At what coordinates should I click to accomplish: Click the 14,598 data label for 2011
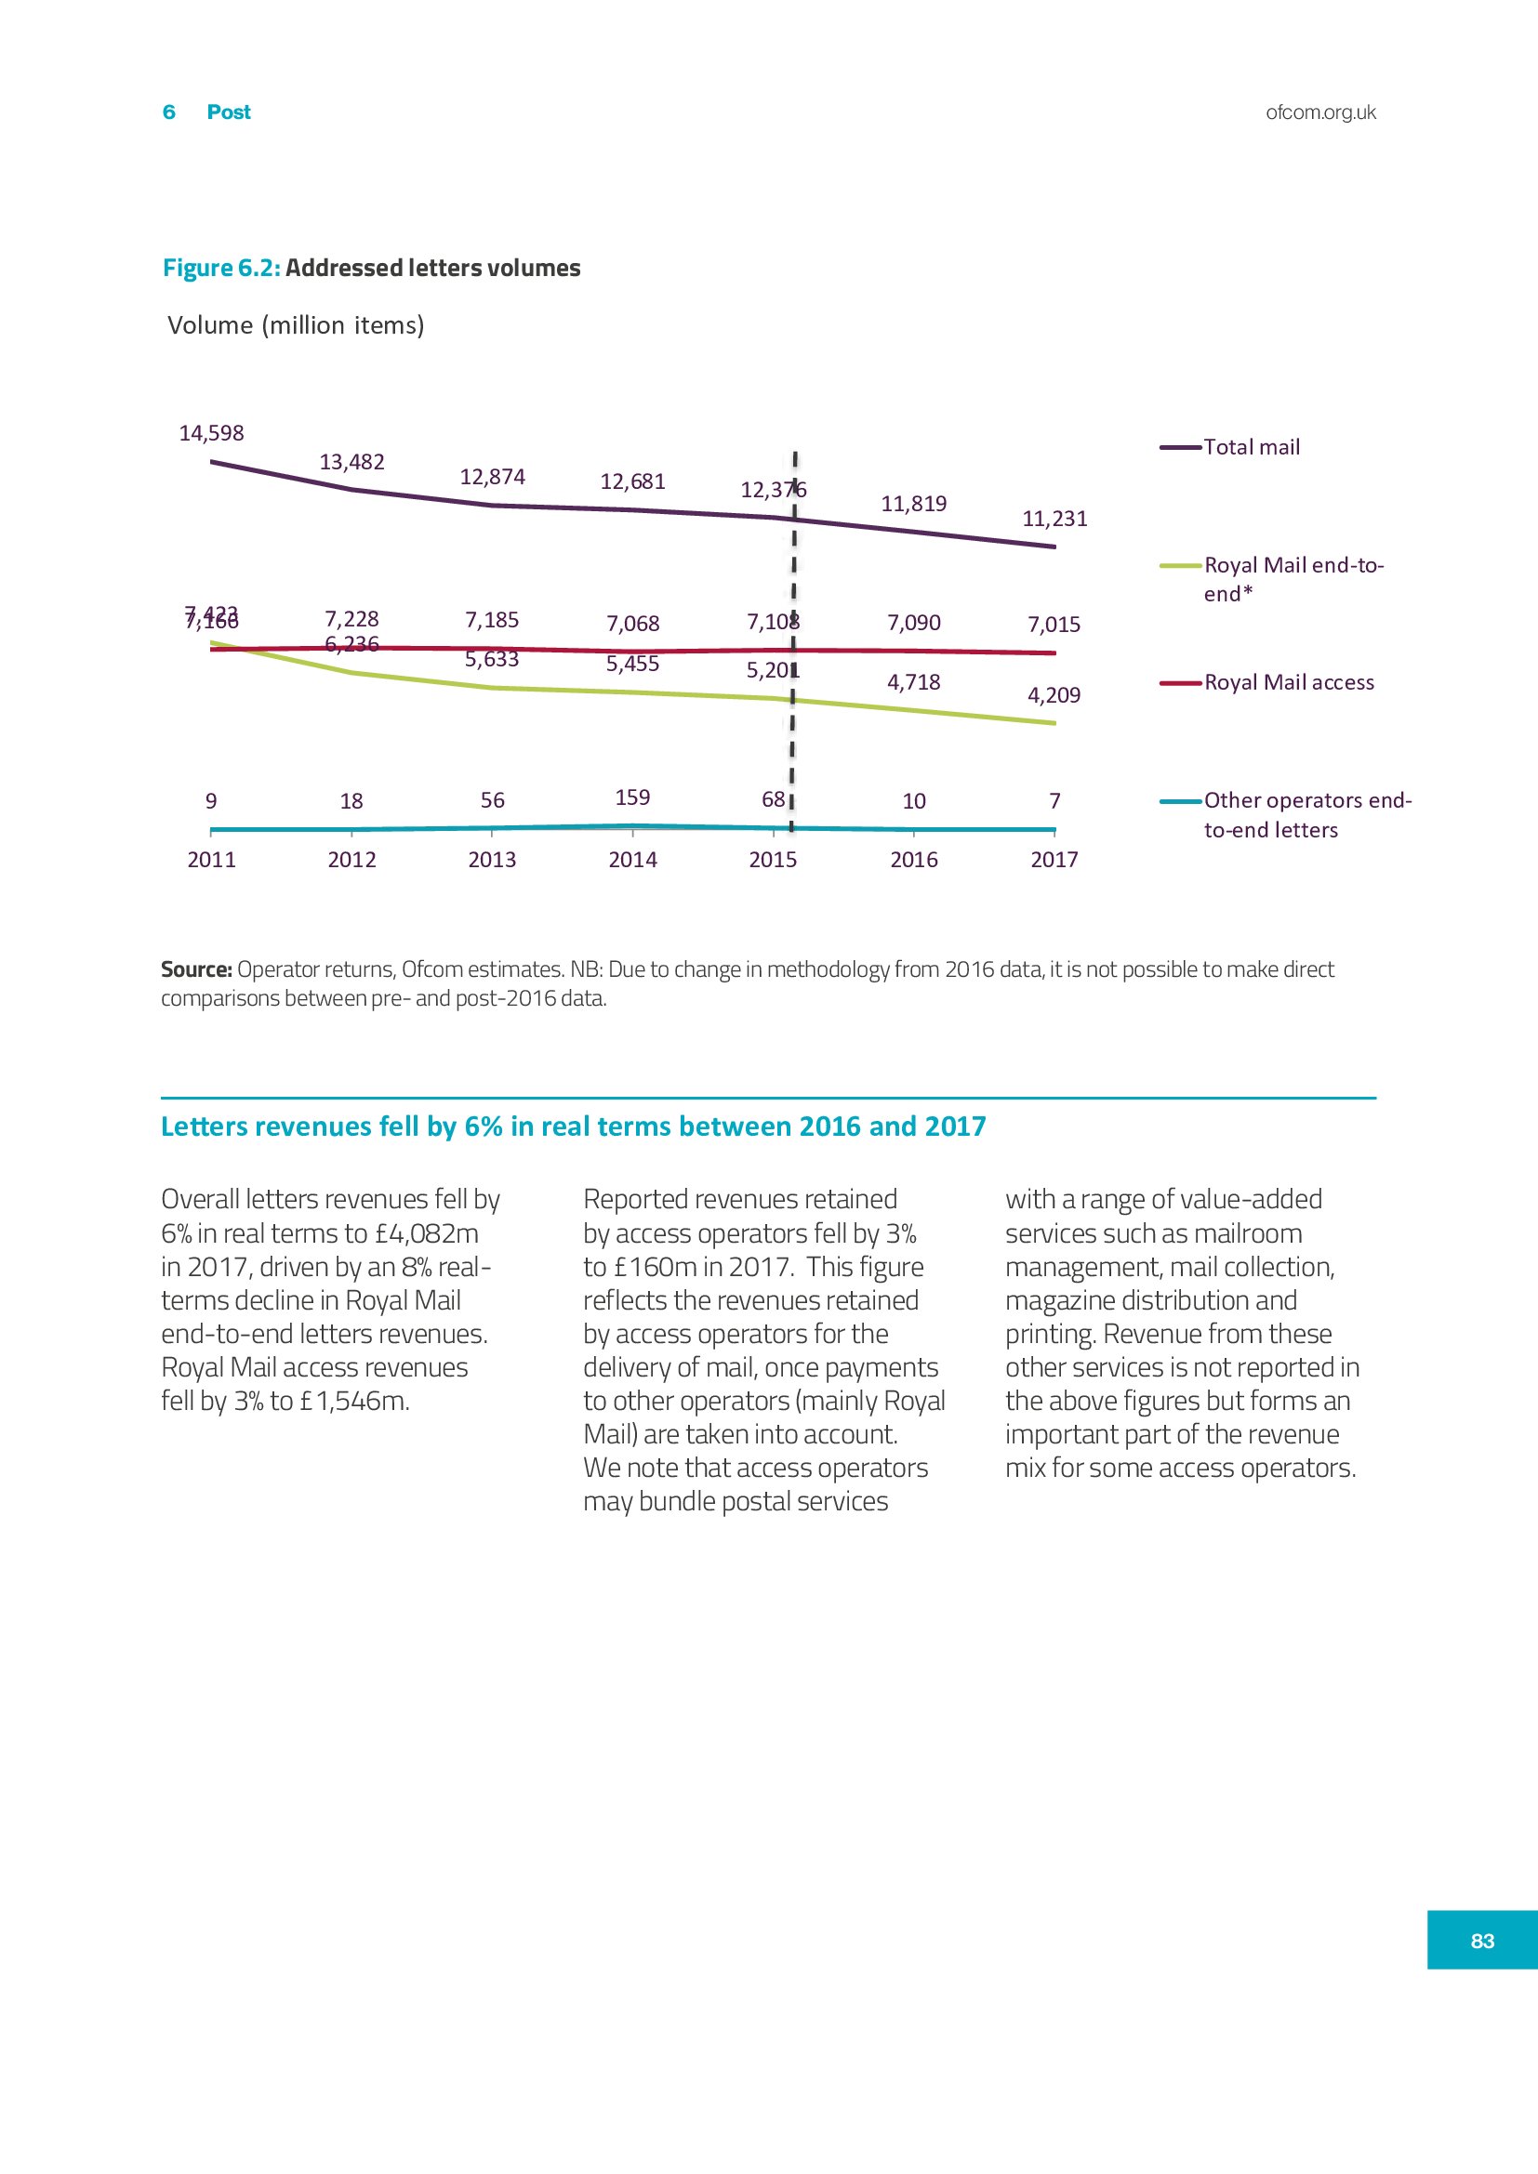[x=211, y=434]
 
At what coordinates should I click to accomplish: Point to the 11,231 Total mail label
[x=1054, y=519]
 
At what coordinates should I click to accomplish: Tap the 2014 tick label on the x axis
[x=632, y=860]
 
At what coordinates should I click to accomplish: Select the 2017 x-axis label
[x=1054, y=860]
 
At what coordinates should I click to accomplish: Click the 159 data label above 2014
[x=632, y=797]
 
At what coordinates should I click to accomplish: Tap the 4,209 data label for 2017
[x=1054, y=695]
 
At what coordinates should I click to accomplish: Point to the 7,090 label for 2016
[x=914, y=623]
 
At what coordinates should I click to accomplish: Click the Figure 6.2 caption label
[x=221, y=268]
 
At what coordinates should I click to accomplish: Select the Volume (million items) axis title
[x=296, y=325]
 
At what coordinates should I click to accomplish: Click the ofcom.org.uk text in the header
[x=1320, y=112]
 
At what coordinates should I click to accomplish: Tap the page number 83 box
[x=1482, y=1940]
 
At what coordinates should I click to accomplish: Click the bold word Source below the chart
[x=196, y=969]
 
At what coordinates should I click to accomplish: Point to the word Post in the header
[x=228, y=112]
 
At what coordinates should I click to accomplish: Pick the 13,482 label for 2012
[x=351, y=462]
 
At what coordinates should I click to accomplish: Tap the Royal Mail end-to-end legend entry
[x=1293, y=578]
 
